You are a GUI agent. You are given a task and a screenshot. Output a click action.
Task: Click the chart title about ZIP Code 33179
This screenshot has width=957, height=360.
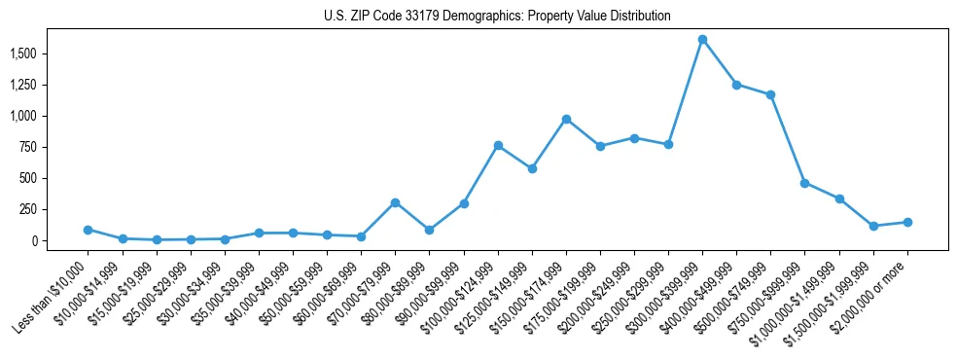tap(497, 17)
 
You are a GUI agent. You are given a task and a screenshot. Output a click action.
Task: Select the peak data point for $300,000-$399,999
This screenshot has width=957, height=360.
tap(702, 40)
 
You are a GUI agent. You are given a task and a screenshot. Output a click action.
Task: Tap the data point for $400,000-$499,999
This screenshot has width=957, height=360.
tap(736, 85)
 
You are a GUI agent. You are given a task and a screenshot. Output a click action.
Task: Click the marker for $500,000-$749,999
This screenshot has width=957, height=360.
tap(770, 94)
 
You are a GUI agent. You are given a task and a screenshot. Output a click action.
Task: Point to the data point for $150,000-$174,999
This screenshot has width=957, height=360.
tap(566, 119)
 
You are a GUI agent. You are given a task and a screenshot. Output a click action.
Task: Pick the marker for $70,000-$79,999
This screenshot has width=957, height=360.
tap(395, 202)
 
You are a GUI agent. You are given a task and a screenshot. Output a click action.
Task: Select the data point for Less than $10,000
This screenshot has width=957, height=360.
tap(88, 230)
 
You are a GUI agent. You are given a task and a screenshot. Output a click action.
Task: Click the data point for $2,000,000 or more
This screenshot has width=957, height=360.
tap(907, 222)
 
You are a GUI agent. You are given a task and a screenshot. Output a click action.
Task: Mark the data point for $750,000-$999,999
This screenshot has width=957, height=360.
tap(804, 183)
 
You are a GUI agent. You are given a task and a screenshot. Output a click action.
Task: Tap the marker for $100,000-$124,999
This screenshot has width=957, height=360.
tap(498, 145)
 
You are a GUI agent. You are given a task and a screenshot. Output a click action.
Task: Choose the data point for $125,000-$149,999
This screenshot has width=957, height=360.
tap(532, 168)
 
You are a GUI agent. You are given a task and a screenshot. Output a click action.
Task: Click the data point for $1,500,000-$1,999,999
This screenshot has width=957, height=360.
tap(873, 226)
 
